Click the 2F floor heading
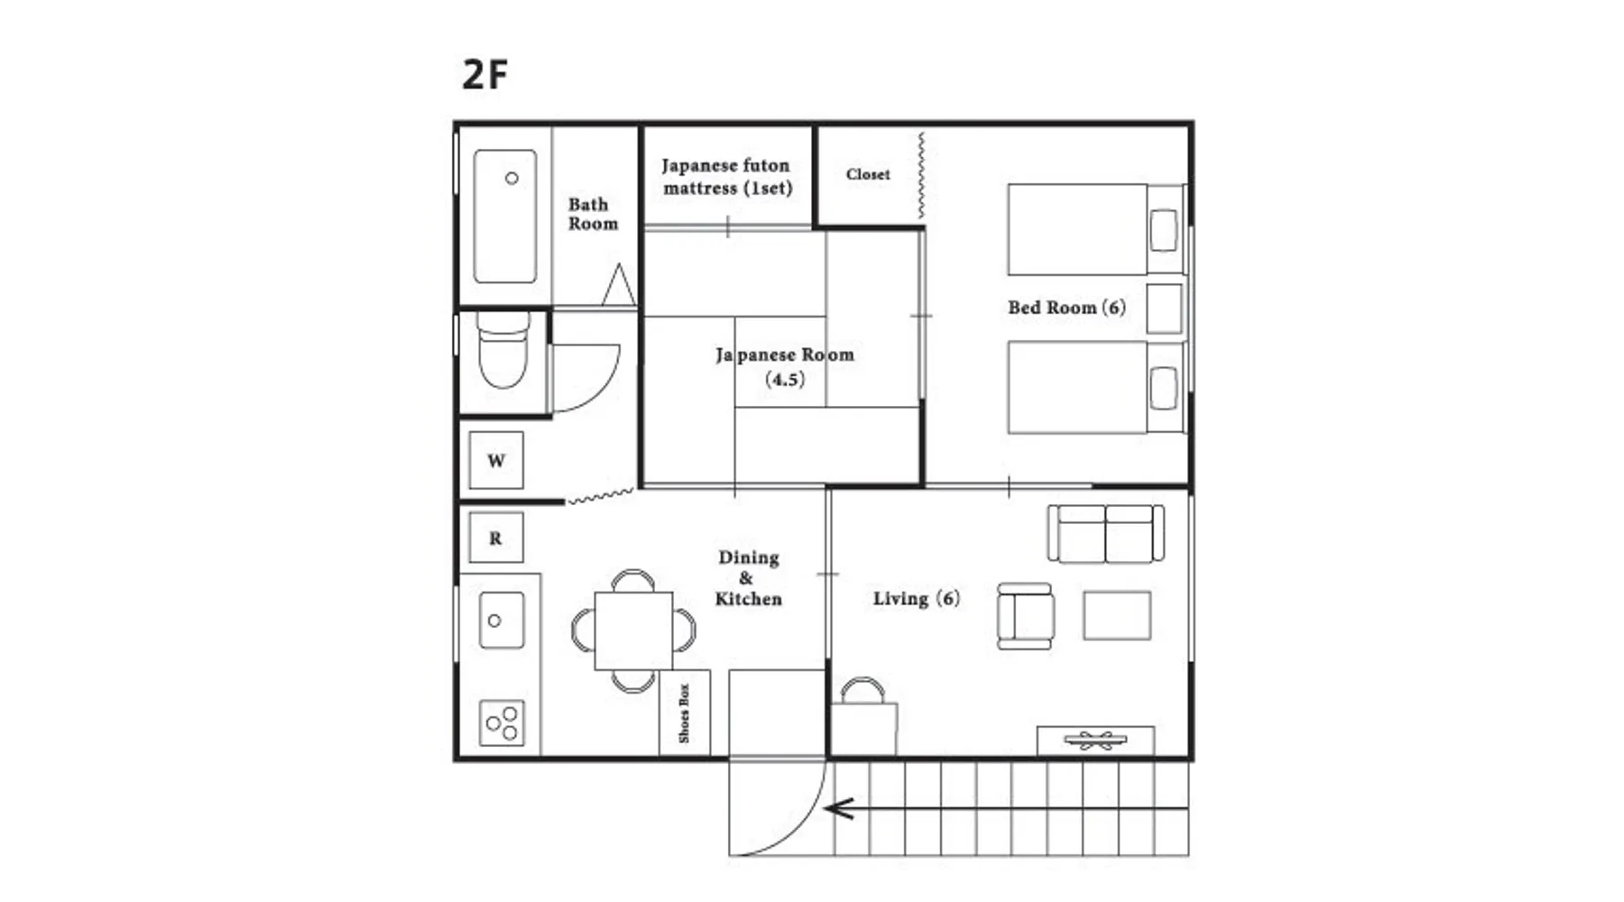485,74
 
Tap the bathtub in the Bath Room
505,216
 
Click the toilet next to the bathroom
503,350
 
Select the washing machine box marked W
496,461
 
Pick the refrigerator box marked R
496,538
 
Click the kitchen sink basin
502,620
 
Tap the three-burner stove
502,723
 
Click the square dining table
633,630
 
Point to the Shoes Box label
684,713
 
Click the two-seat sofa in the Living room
1105,533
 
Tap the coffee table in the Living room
1117,615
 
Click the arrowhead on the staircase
839,808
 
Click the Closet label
868,174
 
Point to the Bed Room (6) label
1066,308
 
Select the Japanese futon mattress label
726,177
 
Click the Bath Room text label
593,214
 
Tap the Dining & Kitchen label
748,578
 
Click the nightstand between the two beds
1165,308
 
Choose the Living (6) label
916,598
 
